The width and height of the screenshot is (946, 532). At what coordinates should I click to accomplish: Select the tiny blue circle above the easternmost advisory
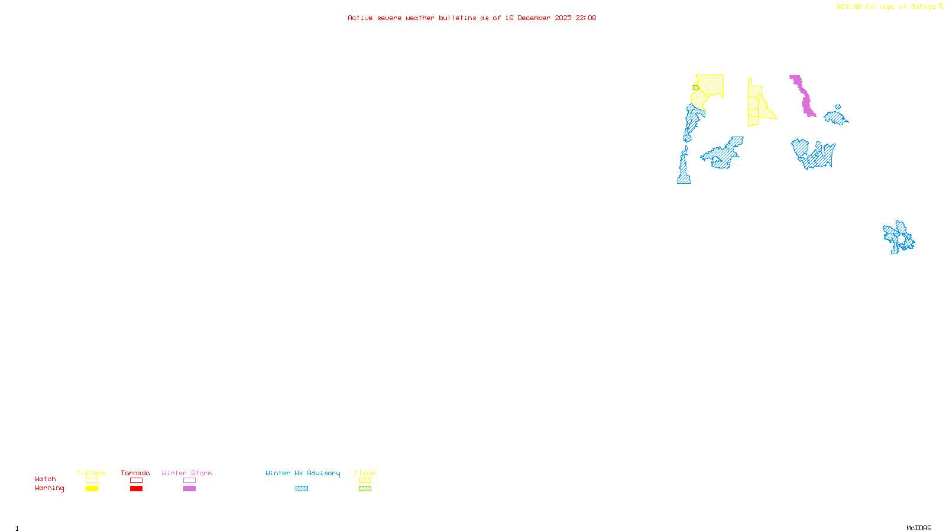coord(837,107)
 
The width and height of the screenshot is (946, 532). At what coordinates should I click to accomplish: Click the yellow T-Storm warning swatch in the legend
coord(92,489)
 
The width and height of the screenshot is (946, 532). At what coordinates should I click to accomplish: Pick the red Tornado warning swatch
coord(136,489)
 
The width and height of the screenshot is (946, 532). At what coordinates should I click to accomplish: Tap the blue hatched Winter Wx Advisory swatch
coord(302,489)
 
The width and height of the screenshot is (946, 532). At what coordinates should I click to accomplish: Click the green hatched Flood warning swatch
coord(365,489)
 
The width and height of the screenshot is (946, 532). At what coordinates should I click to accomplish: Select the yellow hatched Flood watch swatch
coord(365,481)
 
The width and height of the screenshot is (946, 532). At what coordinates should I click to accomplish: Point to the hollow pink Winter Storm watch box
coord(189,481)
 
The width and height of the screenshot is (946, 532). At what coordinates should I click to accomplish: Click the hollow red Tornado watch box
coord(136,481)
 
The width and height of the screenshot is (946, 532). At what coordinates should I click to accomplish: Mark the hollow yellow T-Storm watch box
coord(92,481)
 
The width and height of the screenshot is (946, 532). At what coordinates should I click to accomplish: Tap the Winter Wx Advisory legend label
coord(303,473)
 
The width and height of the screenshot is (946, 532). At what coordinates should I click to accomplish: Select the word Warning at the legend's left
coord(49,488)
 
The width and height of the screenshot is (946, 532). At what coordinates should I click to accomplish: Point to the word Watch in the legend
coord(46,479)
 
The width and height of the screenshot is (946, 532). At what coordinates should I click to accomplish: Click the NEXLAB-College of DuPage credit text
coord(886,7)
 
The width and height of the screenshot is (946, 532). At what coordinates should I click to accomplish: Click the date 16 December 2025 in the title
coord(538,18)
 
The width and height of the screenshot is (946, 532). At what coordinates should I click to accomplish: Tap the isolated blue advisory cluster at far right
coord(899,238)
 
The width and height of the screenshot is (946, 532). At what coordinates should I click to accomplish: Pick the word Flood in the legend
coord(365,473)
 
